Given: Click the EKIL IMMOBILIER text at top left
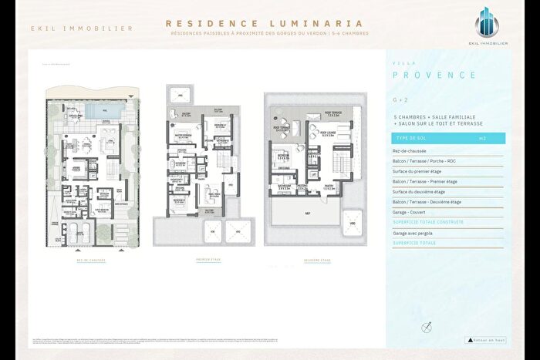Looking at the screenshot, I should pos(81,29).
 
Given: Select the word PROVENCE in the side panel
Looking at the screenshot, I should pos(434,75).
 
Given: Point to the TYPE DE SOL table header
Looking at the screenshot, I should pos(411,138).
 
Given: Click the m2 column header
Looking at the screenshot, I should pos(482,138).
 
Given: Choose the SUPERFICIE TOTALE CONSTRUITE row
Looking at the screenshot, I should pos(429,221).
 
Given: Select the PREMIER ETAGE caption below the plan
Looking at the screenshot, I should pos(208,260).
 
